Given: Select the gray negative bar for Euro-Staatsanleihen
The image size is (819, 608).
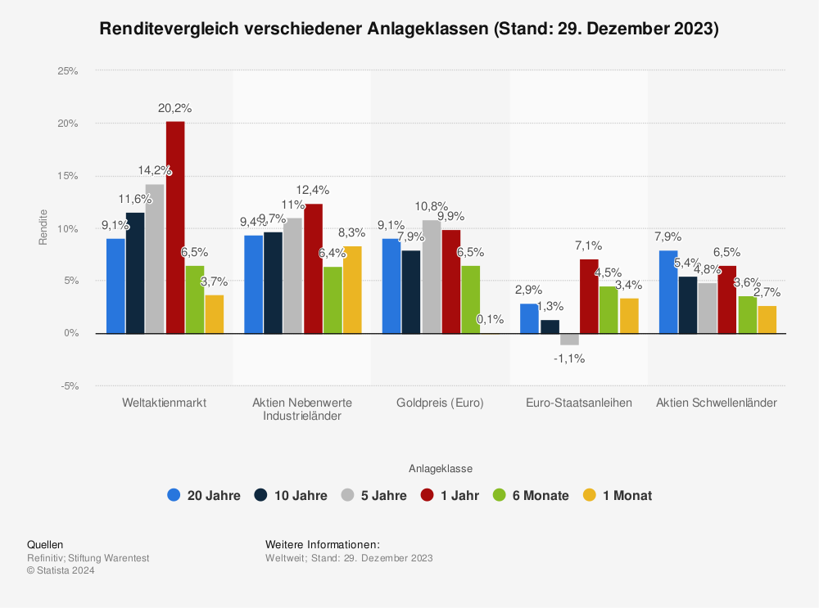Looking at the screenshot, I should pos(570,339).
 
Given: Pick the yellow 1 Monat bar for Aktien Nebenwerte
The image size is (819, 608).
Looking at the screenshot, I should pos(352,290).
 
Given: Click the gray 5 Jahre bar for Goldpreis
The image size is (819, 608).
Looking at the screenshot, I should pos(432,277).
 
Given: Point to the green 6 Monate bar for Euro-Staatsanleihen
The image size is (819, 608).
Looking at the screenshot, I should pos(609,309).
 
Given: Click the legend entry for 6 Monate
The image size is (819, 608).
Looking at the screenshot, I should pos(531,495).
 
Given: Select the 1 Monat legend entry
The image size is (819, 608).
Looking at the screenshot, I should pos(618,495).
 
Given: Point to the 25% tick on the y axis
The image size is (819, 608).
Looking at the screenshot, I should pos(67,71).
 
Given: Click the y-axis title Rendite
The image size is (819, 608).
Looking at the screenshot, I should pos(43,228).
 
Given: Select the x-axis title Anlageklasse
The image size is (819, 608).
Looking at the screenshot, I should pos(441,469).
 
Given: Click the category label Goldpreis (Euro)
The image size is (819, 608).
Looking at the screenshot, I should pos(440,403).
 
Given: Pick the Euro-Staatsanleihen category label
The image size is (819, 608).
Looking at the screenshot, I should pos(578,403).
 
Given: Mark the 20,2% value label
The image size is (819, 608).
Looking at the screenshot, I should pos(175,108).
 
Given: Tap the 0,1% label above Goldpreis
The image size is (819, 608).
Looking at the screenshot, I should pos(490,319).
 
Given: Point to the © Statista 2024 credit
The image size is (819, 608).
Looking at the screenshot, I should pos(61,570).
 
